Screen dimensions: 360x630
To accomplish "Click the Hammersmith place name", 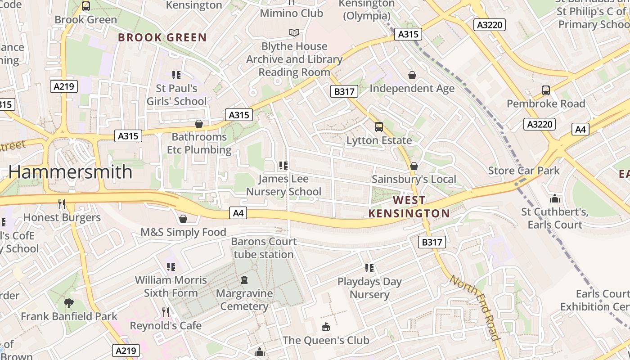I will pyautogui.click(x=71, y=172).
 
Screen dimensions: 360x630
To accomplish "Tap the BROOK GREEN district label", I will pyautogui.click(x=162, y=37).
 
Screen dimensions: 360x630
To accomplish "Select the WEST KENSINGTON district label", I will pyautogui.click(x=409, y=207).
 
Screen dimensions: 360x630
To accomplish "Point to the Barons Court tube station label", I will pyautogui.click(x=264, y=248).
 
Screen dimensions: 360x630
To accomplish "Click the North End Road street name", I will pyautogui.click(x=475, y=308).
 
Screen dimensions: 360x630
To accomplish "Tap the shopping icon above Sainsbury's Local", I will pyautogui.click(x=414, y=166).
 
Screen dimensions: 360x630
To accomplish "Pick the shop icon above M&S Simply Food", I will pyautogui.click(x=183, y=219).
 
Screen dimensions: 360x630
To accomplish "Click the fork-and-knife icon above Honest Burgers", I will pyautogui.click(x=62, y=204).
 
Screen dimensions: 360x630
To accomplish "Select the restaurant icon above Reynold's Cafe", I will pyautogui.click(x=166, y=312).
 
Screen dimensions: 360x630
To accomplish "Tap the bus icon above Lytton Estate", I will pyautogui.click(x=379, y=127).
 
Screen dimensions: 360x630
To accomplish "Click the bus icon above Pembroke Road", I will pyautogui.click(x=546, y=90).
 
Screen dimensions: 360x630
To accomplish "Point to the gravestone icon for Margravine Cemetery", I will pyautogui.click(x=244, y=280).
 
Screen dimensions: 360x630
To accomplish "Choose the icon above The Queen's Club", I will pyautogui.click(x=326, y=327).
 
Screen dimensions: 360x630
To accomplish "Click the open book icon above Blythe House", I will pyautogui.click(x=294, y=33).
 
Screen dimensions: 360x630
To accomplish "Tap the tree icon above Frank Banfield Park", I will pyautogui.click(x=69, y=303).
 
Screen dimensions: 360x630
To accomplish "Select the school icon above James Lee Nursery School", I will pyautogui.click(x=283, y=165).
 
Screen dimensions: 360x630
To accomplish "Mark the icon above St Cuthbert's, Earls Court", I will pyautogui.click(x=555, y=198).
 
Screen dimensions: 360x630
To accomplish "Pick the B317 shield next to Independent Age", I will pyautogui.click(x=344, y=91).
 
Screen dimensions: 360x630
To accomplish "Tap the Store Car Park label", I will pyautogui.click(x=524, y=171).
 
